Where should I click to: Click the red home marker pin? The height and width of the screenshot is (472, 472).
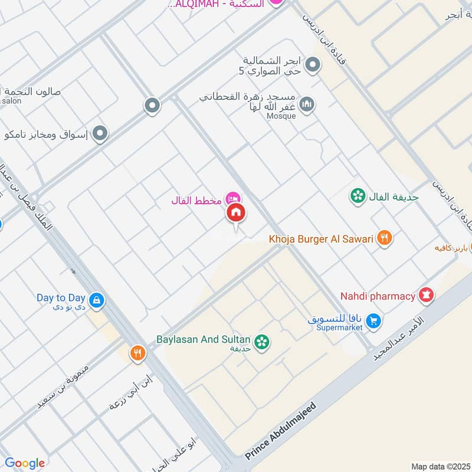coord(236,212)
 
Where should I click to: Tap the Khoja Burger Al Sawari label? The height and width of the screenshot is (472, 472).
coord(322,239)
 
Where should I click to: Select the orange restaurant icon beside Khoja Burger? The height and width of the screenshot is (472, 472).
coord(385,238)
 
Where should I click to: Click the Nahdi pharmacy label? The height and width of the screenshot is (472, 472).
coord(378,296)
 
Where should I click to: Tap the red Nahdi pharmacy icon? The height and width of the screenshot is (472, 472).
coord(426,294)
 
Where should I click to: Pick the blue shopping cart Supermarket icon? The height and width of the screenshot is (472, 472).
coord(372,321)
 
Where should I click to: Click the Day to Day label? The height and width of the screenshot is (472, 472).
coord(61,298)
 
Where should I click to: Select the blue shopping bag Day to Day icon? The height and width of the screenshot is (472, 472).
coord(97,301)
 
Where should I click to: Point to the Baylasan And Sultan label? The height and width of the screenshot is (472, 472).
coord(204,340)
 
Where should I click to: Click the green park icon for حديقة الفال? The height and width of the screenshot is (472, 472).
coord(357,196)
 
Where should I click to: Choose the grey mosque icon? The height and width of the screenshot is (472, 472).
coord(306,105)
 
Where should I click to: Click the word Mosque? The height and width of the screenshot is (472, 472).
coord(281,116)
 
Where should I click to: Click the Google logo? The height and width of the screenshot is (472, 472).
coord(25,463)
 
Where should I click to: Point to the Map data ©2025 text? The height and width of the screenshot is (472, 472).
coord(440,466)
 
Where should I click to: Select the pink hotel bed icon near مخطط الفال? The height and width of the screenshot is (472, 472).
coord(234,197)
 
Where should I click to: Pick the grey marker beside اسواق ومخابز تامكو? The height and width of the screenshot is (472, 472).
coord(100,134)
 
